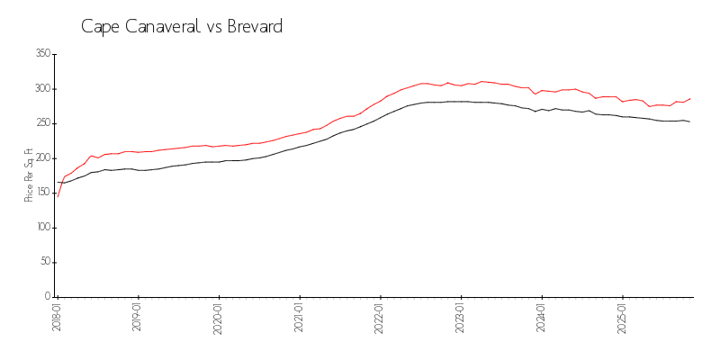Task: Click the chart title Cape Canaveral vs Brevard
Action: tap(182, 27)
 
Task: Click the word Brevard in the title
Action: tap(254, 27)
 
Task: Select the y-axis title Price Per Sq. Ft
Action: tap(29, 175)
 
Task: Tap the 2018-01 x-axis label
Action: tap(58, 318)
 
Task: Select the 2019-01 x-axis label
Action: tap(138, 318)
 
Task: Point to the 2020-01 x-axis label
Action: tap(219, 318)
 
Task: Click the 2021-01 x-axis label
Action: tap(300, 318)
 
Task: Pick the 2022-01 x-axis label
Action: tap(381, 318)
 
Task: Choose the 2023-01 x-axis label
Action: tap(461, 318)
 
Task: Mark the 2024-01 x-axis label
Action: tap(542, 318)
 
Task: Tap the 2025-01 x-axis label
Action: tap(623, 318)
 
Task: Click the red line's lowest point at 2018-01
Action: tap(58, 196)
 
